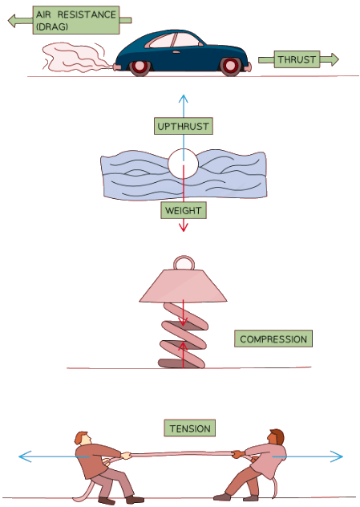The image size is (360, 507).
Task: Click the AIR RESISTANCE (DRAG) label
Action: pos(75,19)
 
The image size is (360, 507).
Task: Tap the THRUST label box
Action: pos(297,59)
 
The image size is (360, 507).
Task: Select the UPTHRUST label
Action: pos(183,127)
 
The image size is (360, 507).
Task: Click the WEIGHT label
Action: pos(183,211)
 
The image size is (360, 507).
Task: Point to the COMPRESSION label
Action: pos(273,339)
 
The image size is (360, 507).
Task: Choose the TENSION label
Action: pos(190,428)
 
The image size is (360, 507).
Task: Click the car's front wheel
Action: pos(231,67)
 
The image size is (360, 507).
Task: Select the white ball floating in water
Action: pos(183,164)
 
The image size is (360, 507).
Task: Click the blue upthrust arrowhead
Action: pos(183,98)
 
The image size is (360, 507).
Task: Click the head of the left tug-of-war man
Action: pos(82,438)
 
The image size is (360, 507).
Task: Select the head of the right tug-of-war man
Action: pos(277,438)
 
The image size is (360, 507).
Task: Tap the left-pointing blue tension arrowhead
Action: pos(23,456)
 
